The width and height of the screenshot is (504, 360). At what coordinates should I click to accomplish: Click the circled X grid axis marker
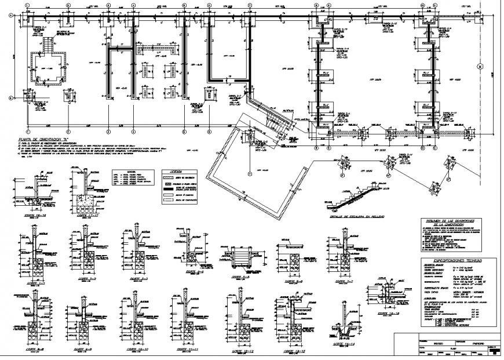(479, 67)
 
